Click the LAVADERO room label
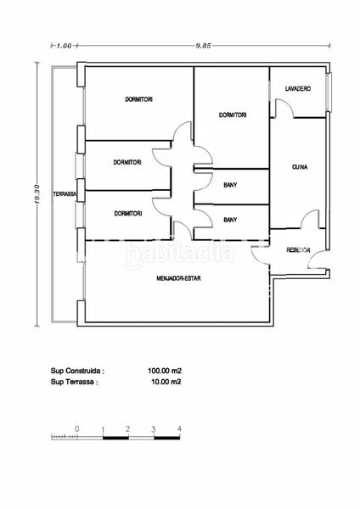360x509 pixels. (x=298, y=88)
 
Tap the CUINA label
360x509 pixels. (x=300, y=167)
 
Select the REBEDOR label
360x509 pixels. (x=298, y=250)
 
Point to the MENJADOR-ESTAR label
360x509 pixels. (x=178, y=278)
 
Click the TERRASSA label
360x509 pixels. (x=65, y=194)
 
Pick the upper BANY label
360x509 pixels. (x=230, y=185)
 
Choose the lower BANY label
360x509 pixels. (x=230, y=220)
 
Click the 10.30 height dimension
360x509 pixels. (x=37, y=194)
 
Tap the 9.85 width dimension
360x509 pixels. (x=203, y=46)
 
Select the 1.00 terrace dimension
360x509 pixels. (x=64, y=46)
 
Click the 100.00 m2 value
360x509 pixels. (x=165, y=371)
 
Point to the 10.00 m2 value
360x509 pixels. (x=166, y=382)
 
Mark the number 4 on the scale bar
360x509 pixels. (x=179, y=428)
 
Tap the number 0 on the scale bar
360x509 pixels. (x=76, y=428)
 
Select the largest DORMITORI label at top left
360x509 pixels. (x=138, y=99)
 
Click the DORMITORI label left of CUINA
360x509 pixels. (x=233, y=115)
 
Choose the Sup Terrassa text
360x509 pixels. (x=74, y=382)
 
